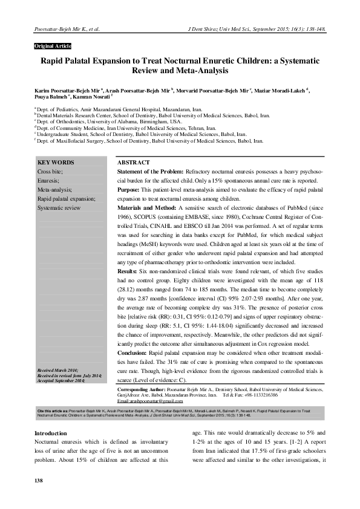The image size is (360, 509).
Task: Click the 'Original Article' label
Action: pyautogui.click(x=53, y=47)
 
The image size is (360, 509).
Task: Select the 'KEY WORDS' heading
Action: pyautogui.click(x=56, y=163)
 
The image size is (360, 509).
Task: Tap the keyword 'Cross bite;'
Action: pyautogui.click(x=50, y=172)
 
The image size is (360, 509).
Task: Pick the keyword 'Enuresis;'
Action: pyautogui.click(x=48, y=181)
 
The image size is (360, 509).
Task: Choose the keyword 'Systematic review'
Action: pyautogui.click(x=59, y=207)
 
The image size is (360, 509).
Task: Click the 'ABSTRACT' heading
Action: pyautogui.click(x=133, y=163)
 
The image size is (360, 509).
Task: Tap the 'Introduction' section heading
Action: pyautogui.click(x=51, y=433)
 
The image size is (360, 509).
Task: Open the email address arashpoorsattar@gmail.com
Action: pyautogui.click(x=150, y=401)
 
